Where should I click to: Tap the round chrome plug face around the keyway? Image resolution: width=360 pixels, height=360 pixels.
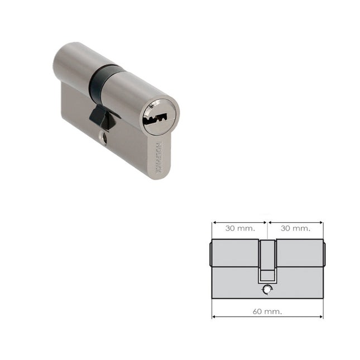pos(160,117)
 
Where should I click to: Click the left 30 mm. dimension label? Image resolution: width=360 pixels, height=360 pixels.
pos(240,228)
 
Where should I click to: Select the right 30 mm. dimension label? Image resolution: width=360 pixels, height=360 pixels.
pos(295,228)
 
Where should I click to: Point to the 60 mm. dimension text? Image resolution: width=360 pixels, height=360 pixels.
pos(268,311)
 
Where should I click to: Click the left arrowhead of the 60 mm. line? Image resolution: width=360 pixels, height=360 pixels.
pos(214,316)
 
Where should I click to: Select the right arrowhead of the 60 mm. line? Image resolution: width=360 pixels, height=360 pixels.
pos(321,316)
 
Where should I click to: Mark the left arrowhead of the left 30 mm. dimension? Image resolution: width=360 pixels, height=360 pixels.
pos(214,222)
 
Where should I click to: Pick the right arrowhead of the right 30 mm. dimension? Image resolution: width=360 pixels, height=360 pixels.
pos(321,222)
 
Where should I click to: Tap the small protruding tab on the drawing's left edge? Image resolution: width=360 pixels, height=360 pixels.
pos(210,254)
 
